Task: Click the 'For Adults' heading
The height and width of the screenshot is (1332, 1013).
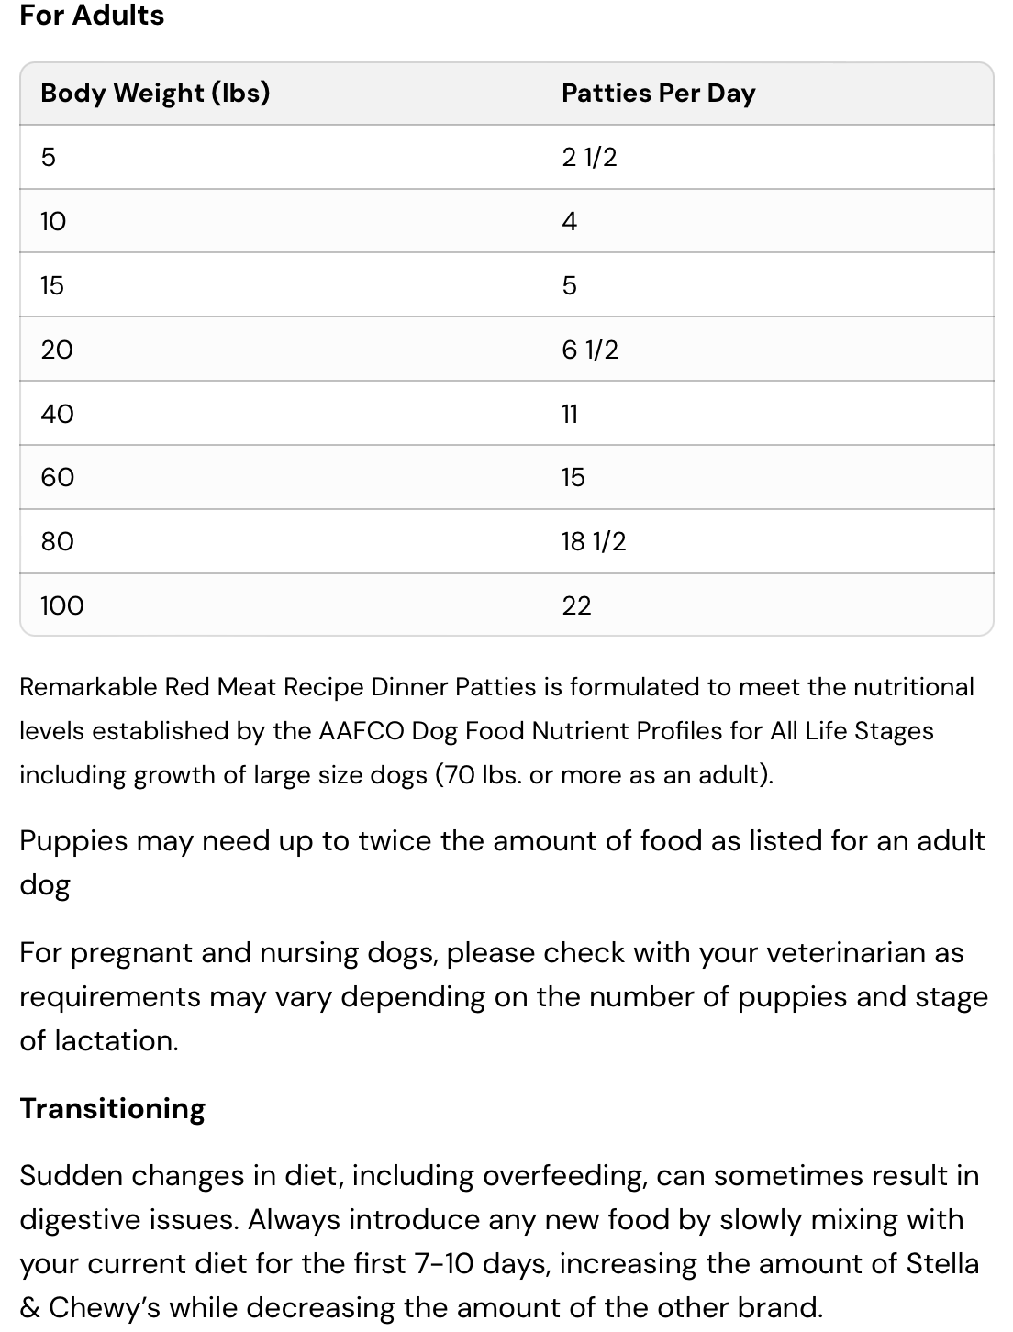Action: tap(92, 16)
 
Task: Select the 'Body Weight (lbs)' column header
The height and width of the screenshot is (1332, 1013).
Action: tap(155, 93)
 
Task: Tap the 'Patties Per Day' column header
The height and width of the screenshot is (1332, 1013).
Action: tap(658, 93)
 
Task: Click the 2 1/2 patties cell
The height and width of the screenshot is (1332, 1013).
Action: tap(589, 157)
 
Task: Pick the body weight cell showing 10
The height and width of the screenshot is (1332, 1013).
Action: tap(53, 221)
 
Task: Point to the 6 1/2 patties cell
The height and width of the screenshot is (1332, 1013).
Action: tap(590, 350)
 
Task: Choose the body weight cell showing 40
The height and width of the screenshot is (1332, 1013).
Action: tap(57, 414)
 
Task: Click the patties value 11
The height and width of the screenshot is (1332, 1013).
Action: tap(570, 414)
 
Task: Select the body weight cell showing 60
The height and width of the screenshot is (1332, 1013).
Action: tap(57, 477)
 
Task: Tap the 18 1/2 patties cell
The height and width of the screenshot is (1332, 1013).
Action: tap(594, 541)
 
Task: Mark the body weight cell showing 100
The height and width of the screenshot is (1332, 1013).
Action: tap(61, 605)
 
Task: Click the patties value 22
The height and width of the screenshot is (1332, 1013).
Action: tap(576, 605)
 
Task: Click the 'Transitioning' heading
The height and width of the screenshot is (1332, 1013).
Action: tap(112, 1108)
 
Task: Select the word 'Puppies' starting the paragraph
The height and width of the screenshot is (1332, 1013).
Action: tap(73, 841)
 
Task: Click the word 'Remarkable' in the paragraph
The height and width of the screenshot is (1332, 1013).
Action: tap(89, 687)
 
